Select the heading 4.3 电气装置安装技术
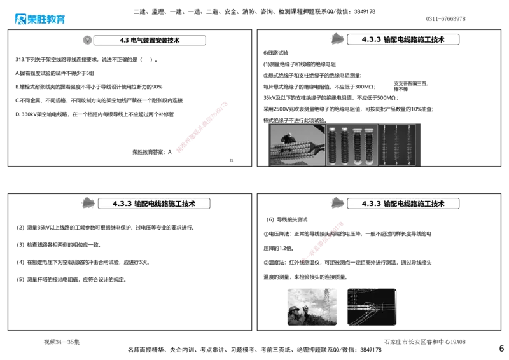click(x=150, y=40)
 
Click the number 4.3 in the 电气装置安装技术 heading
click(x=124, y=40)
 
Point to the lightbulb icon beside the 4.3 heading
click(x=87, y=39)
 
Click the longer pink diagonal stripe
click(x=201, y=127)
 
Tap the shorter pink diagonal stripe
click(x=323, y=241)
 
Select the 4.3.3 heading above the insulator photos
click(x=403, y=39)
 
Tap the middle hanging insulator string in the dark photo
click(x=396, y=145)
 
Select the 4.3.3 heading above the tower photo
click(x=403, y=204)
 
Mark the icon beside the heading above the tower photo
click(x=337, y=203)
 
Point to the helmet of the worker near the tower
click(x=295, y=308)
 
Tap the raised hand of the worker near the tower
click(x=306, y=310)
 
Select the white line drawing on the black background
click(x=371, y=306)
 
